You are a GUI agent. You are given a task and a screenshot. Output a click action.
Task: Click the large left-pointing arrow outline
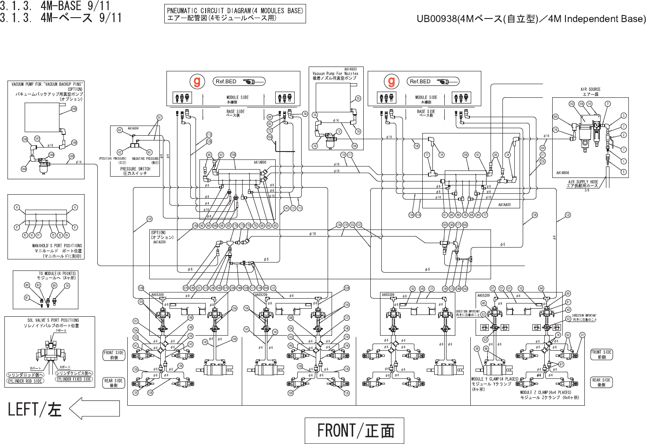tap(94, 408)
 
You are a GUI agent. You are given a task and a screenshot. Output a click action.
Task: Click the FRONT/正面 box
tap(354, 430)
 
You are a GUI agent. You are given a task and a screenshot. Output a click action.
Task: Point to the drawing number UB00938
tap(437, 18)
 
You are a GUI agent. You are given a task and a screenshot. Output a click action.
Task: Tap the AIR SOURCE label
tap(590, 89)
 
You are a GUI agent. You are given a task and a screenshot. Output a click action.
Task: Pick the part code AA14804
tap(562, 173)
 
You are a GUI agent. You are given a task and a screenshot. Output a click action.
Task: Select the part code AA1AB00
tap(260, 163)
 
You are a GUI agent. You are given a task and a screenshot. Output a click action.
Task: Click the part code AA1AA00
tap(504, 205)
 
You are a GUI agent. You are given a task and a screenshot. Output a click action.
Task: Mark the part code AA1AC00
tap(159, 242)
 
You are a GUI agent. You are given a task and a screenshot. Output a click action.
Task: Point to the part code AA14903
tap(351, 69)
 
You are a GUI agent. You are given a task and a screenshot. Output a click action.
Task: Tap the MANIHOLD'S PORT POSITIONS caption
tap(57, 246)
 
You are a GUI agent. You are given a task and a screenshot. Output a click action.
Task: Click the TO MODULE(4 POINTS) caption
tap(57, 274)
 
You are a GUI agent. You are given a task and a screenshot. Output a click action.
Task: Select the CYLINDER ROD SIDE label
tap(25, 381)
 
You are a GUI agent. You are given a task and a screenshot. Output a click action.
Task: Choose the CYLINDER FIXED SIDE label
tap(74, 379)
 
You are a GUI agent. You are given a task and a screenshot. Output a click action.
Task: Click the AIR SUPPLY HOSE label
tap(583, 182)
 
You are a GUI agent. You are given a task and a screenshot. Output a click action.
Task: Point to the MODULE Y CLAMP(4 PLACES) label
tap(495, 379)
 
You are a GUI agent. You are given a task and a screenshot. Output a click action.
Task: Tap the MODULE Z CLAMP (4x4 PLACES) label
tap(545, 392)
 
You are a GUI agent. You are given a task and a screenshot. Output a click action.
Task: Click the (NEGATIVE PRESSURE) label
tap(145, 159)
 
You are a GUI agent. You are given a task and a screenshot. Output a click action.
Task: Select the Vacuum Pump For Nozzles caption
tap(335, 74)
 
